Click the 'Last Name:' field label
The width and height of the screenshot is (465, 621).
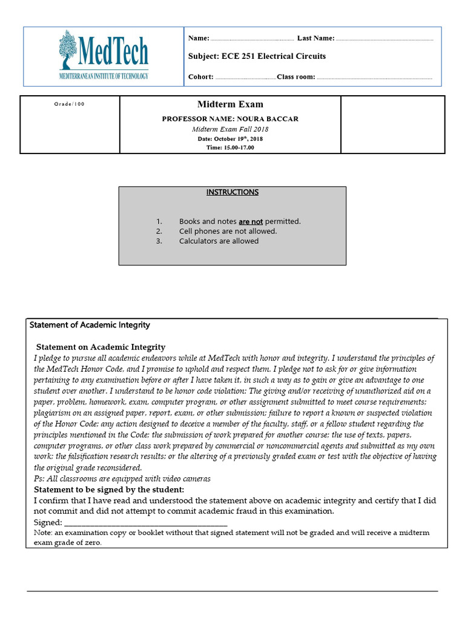click(x=315, y=38)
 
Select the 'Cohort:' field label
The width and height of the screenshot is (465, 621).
click(x=201, y=77)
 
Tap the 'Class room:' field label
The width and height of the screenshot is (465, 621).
click(x=296, y=77)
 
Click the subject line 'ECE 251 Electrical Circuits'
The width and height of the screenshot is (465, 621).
click(x=257, y=56)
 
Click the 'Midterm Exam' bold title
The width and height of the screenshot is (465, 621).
click(x=230, y=105)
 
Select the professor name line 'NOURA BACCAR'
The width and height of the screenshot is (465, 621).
click(x=230, y=119)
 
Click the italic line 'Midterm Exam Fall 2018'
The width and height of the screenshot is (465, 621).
click(x=230, y=129)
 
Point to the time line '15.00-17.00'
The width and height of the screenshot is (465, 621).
click(x=230, y=147)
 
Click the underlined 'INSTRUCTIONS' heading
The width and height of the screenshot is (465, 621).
click(x=232, y=192)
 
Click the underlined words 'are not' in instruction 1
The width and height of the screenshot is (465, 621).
click(x=251, y=222)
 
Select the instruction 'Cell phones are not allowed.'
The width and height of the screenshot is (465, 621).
click(x=228, y=232)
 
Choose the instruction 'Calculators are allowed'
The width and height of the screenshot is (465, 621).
click(x=219, y=241)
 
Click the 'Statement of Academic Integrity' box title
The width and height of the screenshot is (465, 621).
click(x=90, y=325)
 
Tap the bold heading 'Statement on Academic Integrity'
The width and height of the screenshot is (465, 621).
click(x=100, y=347)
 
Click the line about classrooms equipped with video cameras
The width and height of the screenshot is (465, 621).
click(x=122, y=478)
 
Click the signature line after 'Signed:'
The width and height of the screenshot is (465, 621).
click(x=145, y=523)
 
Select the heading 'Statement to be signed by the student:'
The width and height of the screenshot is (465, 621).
click(x=109, y=489)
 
